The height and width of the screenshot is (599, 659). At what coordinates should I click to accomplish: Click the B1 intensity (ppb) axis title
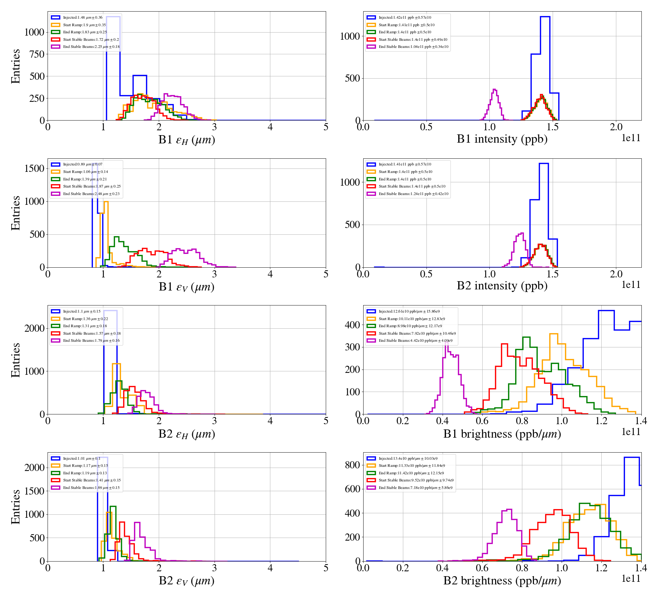click(x=502, y=139)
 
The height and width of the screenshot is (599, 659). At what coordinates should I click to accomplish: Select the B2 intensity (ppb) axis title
click(x=502, y=286)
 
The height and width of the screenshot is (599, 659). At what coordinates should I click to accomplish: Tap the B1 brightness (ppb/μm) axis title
click(x=502, y=434)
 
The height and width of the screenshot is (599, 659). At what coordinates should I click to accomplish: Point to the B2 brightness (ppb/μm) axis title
click(x=502, y=581)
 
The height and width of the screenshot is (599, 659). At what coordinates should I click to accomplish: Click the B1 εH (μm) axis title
click(x=186, y=140)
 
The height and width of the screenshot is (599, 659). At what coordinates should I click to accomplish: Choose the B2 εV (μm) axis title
click(x=186, y=581)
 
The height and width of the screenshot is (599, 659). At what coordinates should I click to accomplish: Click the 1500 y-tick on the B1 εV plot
click(x=34, y=168)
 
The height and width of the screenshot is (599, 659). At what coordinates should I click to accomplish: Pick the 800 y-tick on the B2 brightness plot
click(x=352, y=465)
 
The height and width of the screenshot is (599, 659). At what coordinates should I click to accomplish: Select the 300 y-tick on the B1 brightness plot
click(x=352, y=347)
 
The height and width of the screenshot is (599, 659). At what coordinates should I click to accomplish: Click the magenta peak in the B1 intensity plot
click(x=495, y=90)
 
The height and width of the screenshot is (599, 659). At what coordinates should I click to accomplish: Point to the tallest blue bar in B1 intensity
click(x=545, y=17)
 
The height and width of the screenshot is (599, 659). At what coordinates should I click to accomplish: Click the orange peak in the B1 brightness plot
click(x=553, y=334)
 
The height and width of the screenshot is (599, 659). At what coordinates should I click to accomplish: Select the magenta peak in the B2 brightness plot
click(x=508, y=510)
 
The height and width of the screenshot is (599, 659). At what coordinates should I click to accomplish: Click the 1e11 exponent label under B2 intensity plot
click(x=631, y=285)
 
